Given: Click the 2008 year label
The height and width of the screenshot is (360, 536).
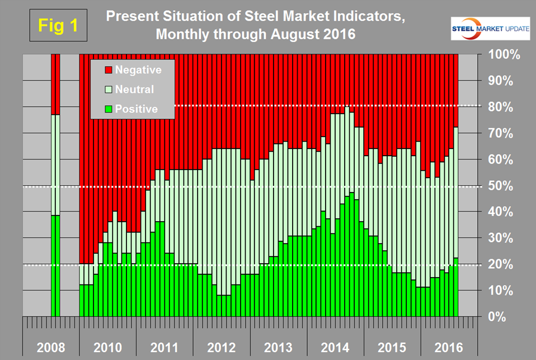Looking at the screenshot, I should coord(50,348).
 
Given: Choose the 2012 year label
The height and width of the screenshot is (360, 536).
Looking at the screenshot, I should coord(222,348).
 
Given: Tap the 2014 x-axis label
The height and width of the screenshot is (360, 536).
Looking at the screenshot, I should coord(335,348).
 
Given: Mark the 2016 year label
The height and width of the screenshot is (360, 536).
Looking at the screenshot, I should coord(449,348).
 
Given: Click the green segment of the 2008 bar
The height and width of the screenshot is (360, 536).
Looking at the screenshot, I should coord(55,266).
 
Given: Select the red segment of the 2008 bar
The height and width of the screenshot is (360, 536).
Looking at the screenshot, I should coord(55,84).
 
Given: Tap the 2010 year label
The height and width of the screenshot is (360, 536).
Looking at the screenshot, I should coord(107,348).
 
